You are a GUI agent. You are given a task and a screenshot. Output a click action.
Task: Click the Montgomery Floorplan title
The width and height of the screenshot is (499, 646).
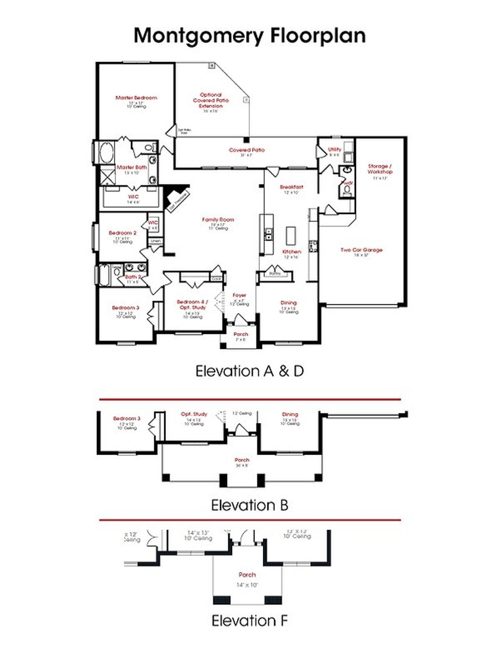pos(249,36)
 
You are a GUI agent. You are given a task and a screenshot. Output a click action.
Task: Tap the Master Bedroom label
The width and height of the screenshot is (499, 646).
pos(136,98)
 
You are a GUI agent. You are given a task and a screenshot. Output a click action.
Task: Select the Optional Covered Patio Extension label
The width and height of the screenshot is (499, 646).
pos(211,100)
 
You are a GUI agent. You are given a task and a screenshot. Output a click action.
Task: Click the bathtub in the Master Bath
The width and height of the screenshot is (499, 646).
pos(106,153)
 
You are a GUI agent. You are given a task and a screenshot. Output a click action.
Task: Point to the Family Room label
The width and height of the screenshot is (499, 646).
pos(218,220)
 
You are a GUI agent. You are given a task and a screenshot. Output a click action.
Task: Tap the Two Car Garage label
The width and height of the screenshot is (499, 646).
pos(361,250)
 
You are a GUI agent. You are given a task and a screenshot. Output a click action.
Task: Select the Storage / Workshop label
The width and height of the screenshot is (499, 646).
pos(380,169)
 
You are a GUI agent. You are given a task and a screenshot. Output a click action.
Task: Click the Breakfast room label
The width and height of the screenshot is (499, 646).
pos(291,187)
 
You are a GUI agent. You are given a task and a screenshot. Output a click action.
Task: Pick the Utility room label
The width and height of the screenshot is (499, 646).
pos(334,149)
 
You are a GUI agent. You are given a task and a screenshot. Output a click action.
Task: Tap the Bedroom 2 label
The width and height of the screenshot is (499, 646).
pos(122,233)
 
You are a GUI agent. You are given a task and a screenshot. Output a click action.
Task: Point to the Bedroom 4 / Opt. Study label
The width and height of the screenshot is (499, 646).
pos(193,304)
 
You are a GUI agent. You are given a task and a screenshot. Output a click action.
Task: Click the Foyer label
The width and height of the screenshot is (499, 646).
pos(239,295)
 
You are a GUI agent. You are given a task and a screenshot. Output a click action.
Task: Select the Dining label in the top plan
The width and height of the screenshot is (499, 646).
pos(288,303)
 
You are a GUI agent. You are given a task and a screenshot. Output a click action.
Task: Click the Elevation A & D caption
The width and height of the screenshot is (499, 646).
pos(249,371)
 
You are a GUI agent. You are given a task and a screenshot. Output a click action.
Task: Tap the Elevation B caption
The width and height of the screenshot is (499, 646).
pos(249,505)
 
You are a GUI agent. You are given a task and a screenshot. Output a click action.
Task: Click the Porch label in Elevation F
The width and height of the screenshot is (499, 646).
pos(247,575)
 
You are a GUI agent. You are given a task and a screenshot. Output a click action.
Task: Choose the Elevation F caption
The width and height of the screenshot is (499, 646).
pos(249,620)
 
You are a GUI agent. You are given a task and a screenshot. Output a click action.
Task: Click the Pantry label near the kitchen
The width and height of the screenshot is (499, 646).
pos(275,274)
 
